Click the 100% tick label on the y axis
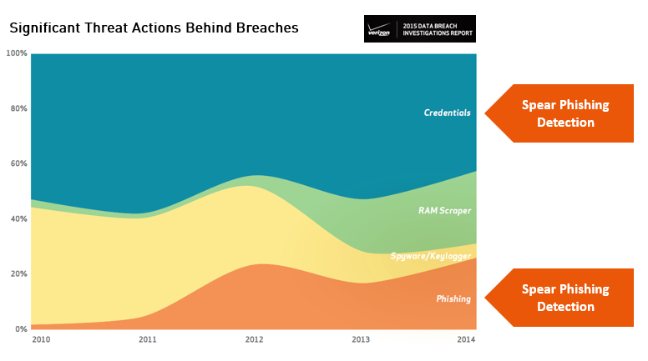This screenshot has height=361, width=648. (x=17, y=53)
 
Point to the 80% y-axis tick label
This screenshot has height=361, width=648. (x=18, y=108)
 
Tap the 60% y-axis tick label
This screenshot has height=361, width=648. (x=18, y=163)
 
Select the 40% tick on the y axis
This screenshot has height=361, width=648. (x=18, y=218)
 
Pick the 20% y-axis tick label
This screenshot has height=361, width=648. (x=18, y=273)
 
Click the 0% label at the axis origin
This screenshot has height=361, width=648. (x=21, y=328)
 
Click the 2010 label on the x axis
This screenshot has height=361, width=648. (x=39, y=340)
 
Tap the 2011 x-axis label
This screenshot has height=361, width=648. (x=148, y=340)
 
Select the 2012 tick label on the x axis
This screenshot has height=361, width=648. (x=254, y=340)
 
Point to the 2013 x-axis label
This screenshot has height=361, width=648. (x=361, y=340)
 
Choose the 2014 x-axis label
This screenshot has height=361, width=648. (x=466, y=340)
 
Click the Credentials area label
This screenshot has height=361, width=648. (x=447, y=113)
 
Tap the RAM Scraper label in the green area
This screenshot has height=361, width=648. (x=444, y=211)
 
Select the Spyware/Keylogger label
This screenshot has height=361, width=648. (x=431, y=256)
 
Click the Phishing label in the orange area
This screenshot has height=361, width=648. (x=453, y=298)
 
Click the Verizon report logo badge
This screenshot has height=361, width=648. (x=420, y=28)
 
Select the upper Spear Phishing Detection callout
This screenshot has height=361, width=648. (x=564, y=113)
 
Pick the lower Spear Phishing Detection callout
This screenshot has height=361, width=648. (x=564, y=298)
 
